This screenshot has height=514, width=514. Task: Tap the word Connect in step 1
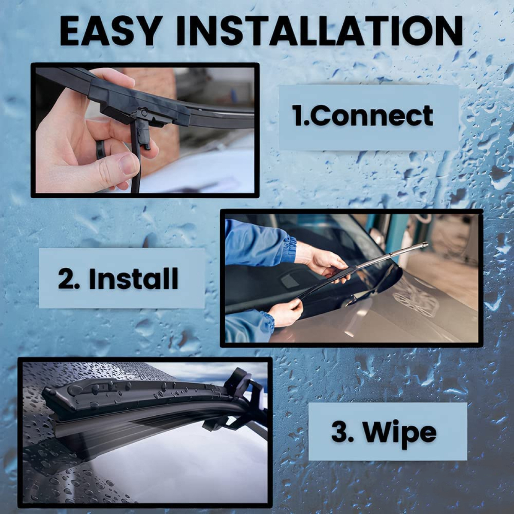click(372, 115)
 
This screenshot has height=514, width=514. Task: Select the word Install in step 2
click(134, 278)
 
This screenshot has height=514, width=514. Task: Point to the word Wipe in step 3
click(399, 432)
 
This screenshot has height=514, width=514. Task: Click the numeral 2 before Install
click(67, 278)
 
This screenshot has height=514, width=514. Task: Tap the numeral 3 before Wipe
click(340, 431)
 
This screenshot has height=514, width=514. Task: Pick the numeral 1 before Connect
click(298, 115)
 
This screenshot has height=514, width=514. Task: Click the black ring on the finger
click(100, 150)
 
